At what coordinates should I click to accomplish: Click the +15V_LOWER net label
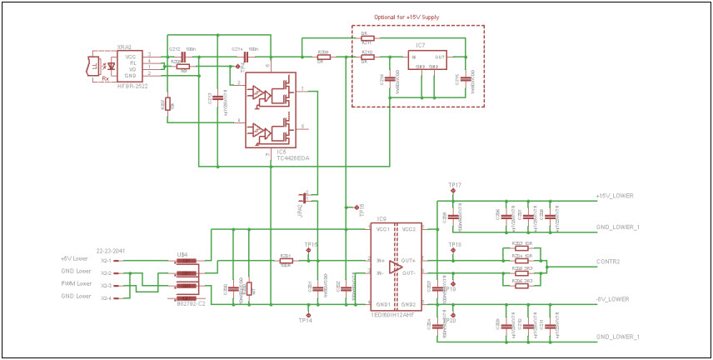click(615, 196)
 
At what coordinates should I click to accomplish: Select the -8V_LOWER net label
click(613, 298)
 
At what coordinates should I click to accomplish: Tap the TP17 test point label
click(454, 184)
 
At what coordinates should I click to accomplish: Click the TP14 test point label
click(305, 320)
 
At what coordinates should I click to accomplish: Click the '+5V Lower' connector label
click(74, 258)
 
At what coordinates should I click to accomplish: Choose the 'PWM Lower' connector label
click(74, 284)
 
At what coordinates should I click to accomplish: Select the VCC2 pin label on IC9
click(410, 229)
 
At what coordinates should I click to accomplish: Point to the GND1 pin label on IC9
click(383, 304)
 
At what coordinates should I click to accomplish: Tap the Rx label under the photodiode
click(105, 67)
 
